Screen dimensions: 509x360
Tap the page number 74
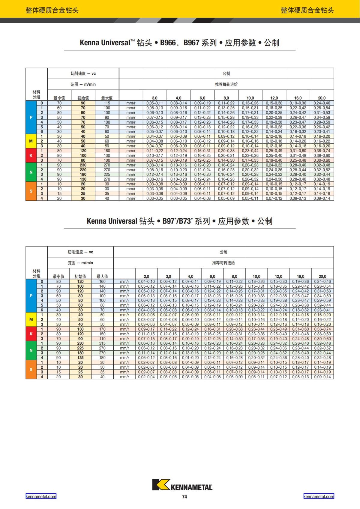point(184,497)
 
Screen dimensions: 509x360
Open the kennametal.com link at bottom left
point(41,496)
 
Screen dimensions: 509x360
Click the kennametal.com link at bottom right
point(319,496)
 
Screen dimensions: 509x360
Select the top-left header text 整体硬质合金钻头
point(52,10)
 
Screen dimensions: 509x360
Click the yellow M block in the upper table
point(31,141)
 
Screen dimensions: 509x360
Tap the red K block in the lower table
point(31,334)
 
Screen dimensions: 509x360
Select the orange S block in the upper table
point(31,191)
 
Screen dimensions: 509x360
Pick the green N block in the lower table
point(31,350)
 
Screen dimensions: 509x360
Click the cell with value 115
point(107,103)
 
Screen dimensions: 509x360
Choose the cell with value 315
point(102,343)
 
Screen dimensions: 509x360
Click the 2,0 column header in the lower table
point(146,277)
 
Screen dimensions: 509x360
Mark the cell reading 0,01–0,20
point(190,358)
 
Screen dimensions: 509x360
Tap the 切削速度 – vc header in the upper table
point(83,73)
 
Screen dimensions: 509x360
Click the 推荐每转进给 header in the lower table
point(223,263)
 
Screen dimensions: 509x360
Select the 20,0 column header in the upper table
point(322,98)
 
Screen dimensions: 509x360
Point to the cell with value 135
point(80,358)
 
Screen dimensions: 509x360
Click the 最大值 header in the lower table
point(102,277)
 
